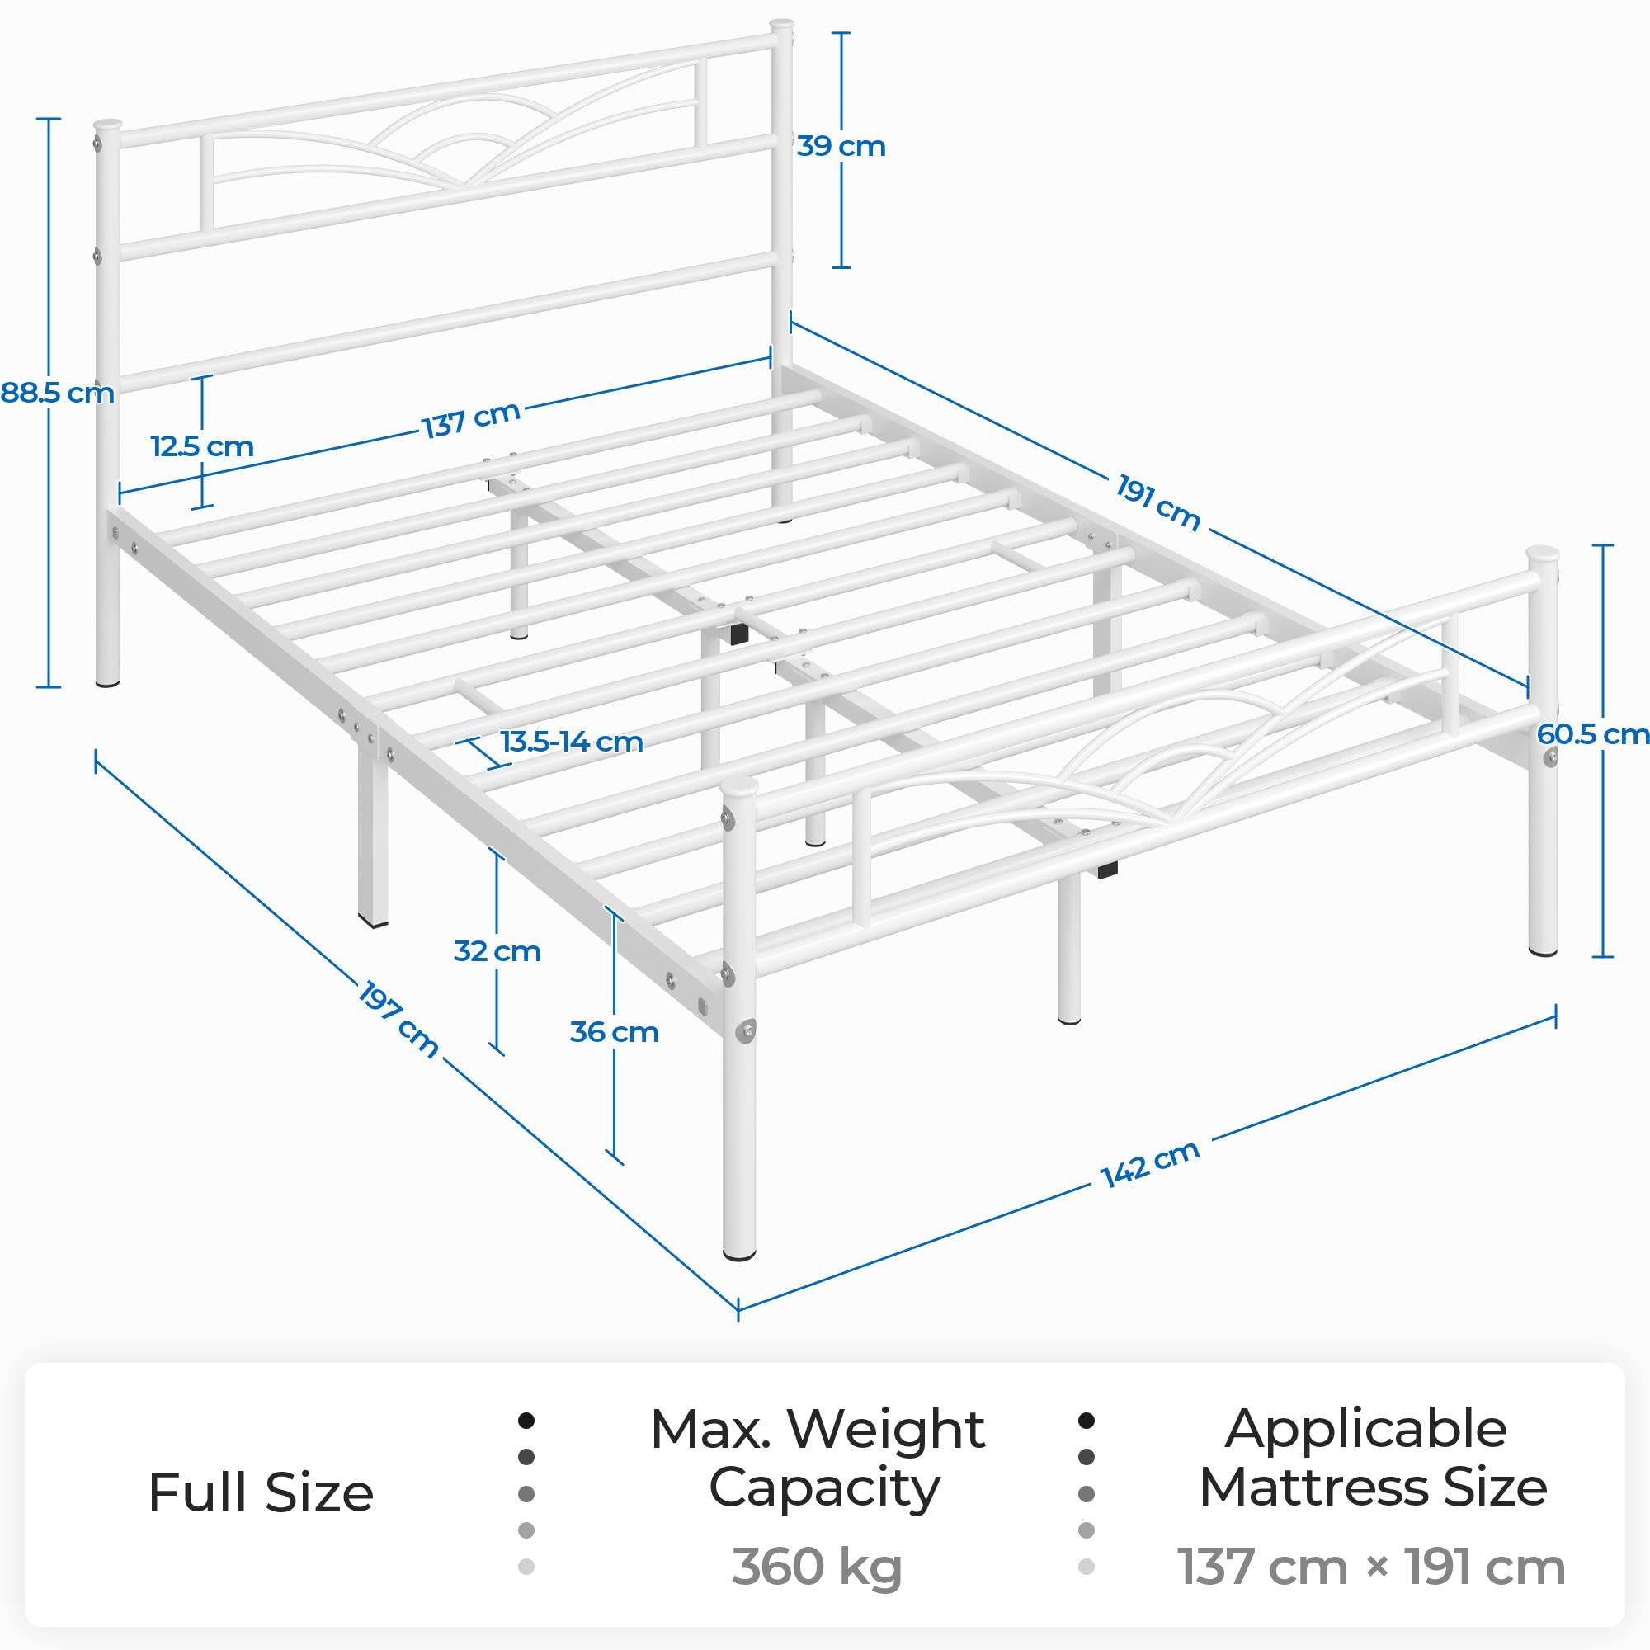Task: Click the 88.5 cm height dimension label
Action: click(57, 394)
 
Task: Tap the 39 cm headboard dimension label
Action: click(841, 147)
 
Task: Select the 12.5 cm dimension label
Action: click(202, 446)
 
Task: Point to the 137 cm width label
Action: click(471, 419)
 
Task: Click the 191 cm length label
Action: click(1157, 503)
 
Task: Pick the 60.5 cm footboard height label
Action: click(1592, 734)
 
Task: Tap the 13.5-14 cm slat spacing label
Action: click(572, 742)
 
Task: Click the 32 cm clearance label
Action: click(497, 951)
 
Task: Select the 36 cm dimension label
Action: click(614, 1033)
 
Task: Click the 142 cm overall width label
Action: click(1149, 1164)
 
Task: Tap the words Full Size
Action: click(261, 1493)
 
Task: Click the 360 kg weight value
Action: click(817, 1567)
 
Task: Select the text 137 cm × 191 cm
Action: click(1370, 1567)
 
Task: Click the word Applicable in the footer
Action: click(1365, 1429)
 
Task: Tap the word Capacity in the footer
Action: click(824, 1488)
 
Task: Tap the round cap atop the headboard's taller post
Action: click(781, 26)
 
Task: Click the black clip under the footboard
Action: click(1107, 871)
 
